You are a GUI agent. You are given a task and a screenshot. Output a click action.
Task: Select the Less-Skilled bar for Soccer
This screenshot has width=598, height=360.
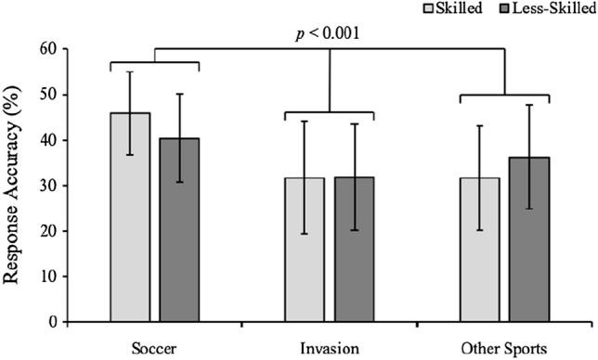pyautogui.click(x=179, y=231)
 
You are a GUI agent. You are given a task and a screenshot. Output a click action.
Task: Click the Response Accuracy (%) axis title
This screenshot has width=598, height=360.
pyautogui.click(x=13, y=186)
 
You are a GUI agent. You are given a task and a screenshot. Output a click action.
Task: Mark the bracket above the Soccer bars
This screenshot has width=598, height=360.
pyautogui.click(x=154, y=62)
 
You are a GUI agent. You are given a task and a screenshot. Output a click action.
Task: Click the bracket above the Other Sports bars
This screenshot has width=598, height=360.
pyautogui.click(x=504, y=95)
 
